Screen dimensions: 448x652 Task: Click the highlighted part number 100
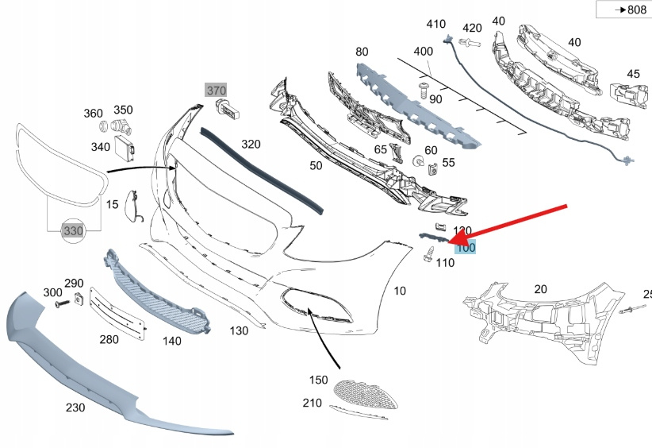[x=465, y=248]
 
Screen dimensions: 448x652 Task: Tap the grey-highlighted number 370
[x=217, y=91]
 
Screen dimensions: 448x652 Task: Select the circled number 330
[x=72, y=230]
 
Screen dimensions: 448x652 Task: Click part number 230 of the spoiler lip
[x=76, y=407]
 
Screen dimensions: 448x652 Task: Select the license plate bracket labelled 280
[x=118, y=315]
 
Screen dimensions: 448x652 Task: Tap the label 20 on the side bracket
[x=540, y=289]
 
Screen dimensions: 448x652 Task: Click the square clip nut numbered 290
[x=79, y=299]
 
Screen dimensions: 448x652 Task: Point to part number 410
[x=435, y=24]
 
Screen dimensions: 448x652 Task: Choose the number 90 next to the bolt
[x=435, y=99]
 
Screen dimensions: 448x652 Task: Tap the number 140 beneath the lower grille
[x=171, y=341]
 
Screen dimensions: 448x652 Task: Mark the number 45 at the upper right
[x=632, y=74]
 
